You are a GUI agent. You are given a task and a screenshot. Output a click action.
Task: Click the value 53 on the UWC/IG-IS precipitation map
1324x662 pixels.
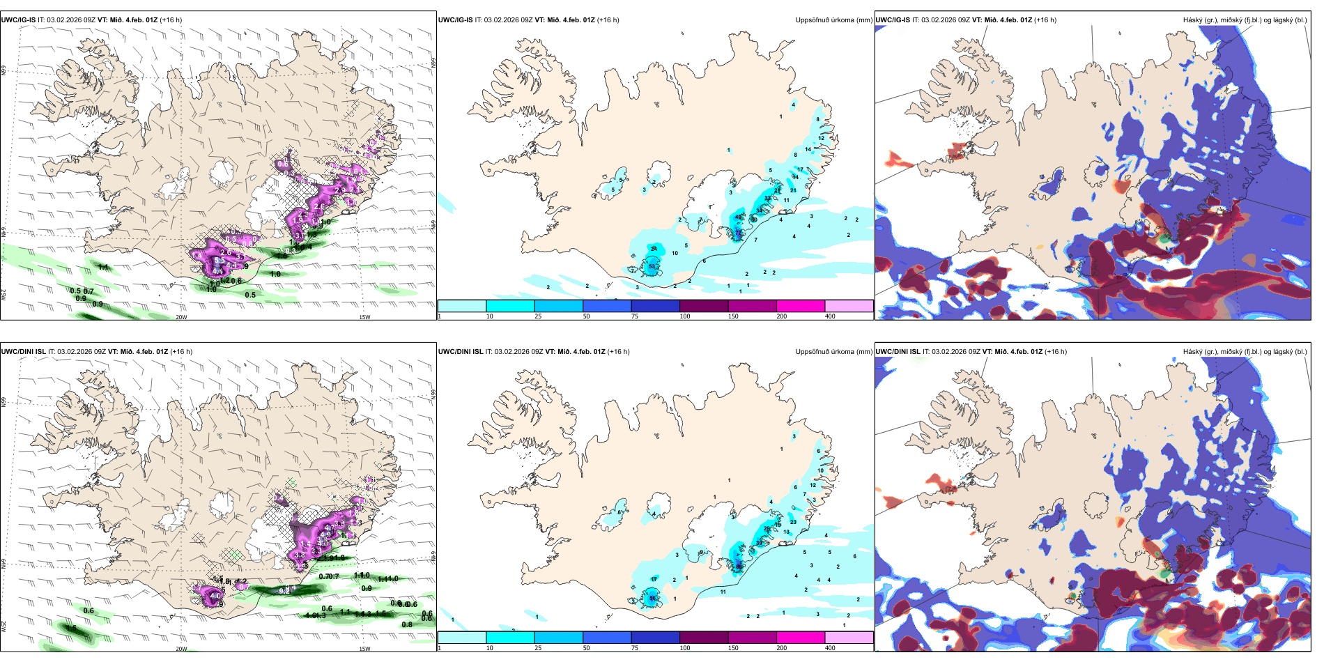(x=652, y=266)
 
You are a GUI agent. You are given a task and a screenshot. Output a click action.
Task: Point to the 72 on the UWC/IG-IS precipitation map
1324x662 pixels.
(x=738, y=233)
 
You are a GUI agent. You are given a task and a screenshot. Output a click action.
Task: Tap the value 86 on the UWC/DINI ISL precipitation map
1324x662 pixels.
(x=739, y=567)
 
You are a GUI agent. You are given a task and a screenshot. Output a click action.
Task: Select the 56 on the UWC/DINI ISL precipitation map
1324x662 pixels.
(x=652, y=598)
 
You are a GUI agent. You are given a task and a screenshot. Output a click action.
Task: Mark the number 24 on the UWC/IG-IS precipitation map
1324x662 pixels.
(x=654, y=249)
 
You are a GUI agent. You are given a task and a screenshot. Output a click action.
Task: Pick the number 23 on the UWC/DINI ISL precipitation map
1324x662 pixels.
(x=793, y=522)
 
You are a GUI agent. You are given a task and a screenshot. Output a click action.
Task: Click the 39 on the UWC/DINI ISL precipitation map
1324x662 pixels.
(x=759, y=543)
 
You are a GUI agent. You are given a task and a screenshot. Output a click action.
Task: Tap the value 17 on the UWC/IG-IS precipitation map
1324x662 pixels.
(x=800, y=169)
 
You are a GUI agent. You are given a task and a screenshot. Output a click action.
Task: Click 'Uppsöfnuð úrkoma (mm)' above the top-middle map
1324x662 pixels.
(x=833, y=20)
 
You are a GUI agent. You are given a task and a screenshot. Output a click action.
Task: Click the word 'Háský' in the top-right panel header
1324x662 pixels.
(x=1193, y=20)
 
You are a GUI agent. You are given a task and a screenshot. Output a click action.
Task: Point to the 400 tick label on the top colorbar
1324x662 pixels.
(x=830, y=316)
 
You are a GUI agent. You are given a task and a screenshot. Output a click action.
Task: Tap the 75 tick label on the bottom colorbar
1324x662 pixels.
(x=635, y=648)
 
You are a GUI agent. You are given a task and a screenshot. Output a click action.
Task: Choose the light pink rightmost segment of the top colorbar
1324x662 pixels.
(x=848, y=306)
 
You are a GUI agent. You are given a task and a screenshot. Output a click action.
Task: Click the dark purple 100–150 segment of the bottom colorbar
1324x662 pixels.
(x=703, y=638)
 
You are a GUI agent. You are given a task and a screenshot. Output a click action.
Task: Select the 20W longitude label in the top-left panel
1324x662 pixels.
(x=181, y=317)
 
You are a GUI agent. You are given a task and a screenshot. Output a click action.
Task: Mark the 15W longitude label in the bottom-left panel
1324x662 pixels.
(x=364, y=649)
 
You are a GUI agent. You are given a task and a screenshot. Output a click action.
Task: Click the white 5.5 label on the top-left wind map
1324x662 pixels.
(x=219, y=259)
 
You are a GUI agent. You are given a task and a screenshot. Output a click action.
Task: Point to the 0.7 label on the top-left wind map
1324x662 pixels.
(x=88, y=291)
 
